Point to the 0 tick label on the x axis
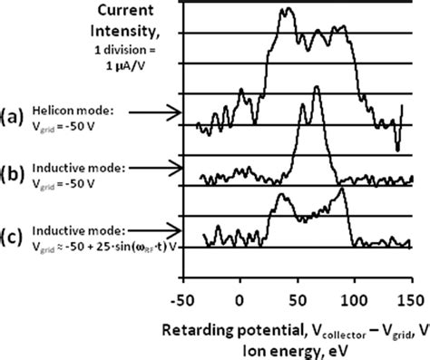[240, 297]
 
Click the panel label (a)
[15, 115]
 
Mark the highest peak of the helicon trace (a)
[288, 11]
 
